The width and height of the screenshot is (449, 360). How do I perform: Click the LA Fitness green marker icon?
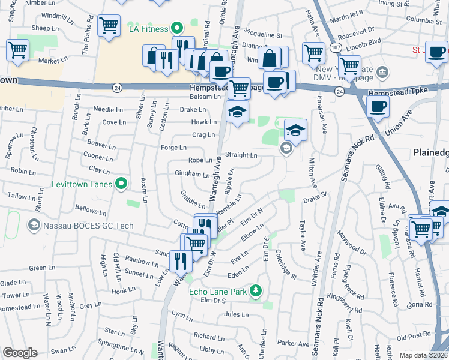(x=176, y=28)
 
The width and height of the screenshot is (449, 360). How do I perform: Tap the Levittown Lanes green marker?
(x=121, y=184)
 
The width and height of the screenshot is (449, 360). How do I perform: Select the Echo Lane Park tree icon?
(x=256, y=292)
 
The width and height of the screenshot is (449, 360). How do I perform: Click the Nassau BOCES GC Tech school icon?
(x=34, y=225)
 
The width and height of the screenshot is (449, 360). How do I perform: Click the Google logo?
(x=20, y=353)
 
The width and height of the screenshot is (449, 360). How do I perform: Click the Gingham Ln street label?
(x=192, y=175)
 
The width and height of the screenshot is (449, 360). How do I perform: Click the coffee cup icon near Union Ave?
(x=378, y=107)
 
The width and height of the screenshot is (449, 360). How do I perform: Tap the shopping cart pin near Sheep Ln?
(x=109, y=25)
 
